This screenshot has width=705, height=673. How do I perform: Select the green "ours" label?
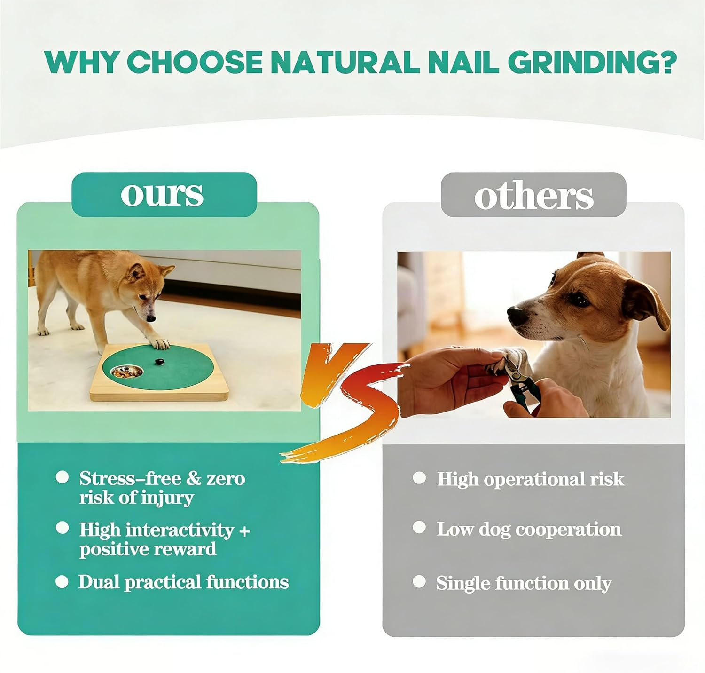click(x=164, y=194)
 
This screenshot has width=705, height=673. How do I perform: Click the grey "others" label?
click(x=533, y=194)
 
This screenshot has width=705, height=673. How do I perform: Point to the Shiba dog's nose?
click(x=151, y=318)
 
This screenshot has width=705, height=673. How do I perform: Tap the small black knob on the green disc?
click(x=158, y=362)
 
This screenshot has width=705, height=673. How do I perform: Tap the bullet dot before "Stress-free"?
click(x=63, y=477)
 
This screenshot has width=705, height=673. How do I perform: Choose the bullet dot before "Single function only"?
click(x=419, y=581)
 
